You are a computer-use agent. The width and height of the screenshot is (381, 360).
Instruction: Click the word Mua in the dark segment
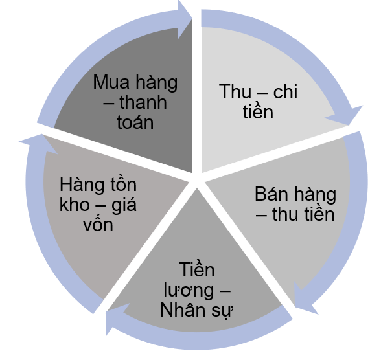click(111, 82)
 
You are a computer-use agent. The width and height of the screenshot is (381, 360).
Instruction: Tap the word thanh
click(143, 102)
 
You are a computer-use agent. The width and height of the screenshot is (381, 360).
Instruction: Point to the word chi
click(285, 92)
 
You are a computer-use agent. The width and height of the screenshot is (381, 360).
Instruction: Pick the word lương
click(189, 290)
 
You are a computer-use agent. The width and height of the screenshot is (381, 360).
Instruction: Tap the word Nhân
click(184, 309)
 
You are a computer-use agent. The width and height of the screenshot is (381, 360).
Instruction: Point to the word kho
click(75, 205)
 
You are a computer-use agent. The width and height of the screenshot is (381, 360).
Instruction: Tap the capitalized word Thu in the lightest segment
click(235, 91)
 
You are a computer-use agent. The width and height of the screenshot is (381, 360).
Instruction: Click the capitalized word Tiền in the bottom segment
click(196, 269)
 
